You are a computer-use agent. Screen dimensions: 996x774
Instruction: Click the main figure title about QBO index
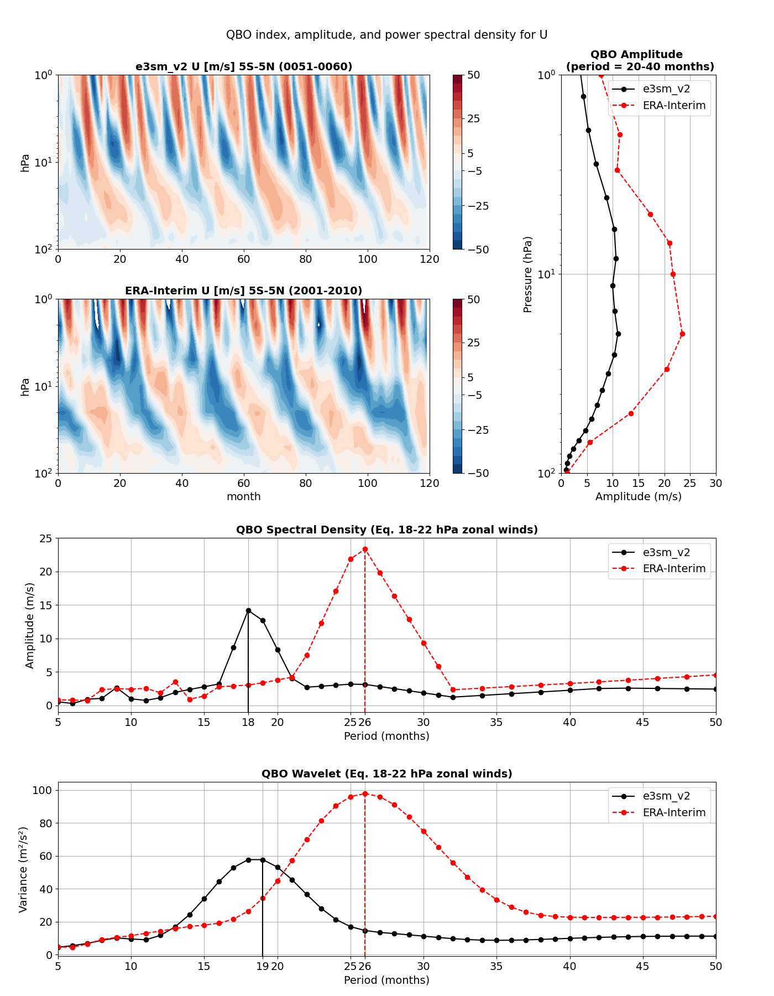386,35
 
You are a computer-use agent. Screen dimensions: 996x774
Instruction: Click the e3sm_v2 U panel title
244,67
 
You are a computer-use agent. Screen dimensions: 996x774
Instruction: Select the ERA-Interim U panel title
244,291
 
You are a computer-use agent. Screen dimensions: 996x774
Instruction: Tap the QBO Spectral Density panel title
386,530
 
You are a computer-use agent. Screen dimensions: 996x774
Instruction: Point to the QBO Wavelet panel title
386,774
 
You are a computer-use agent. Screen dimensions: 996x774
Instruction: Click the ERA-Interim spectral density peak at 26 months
365,549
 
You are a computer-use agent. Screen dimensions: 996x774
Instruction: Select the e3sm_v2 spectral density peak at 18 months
248,610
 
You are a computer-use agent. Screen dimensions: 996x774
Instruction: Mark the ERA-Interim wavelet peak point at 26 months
365,793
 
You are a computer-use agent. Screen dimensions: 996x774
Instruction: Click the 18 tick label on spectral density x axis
248,722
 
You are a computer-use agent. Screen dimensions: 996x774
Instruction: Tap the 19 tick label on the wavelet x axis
262,966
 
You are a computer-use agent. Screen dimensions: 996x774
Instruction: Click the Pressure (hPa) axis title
528,274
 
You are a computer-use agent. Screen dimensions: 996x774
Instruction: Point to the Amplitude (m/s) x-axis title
638,497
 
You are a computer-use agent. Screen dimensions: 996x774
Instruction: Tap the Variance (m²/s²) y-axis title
23,869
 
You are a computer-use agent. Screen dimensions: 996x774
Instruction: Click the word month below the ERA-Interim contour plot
244,497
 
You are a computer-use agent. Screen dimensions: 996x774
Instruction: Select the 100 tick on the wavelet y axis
45,790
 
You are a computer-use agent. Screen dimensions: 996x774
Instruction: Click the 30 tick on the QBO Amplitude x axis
715,484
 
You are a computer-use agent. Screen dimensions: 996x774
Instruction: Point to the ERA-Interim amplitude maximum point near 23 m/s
682,334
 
